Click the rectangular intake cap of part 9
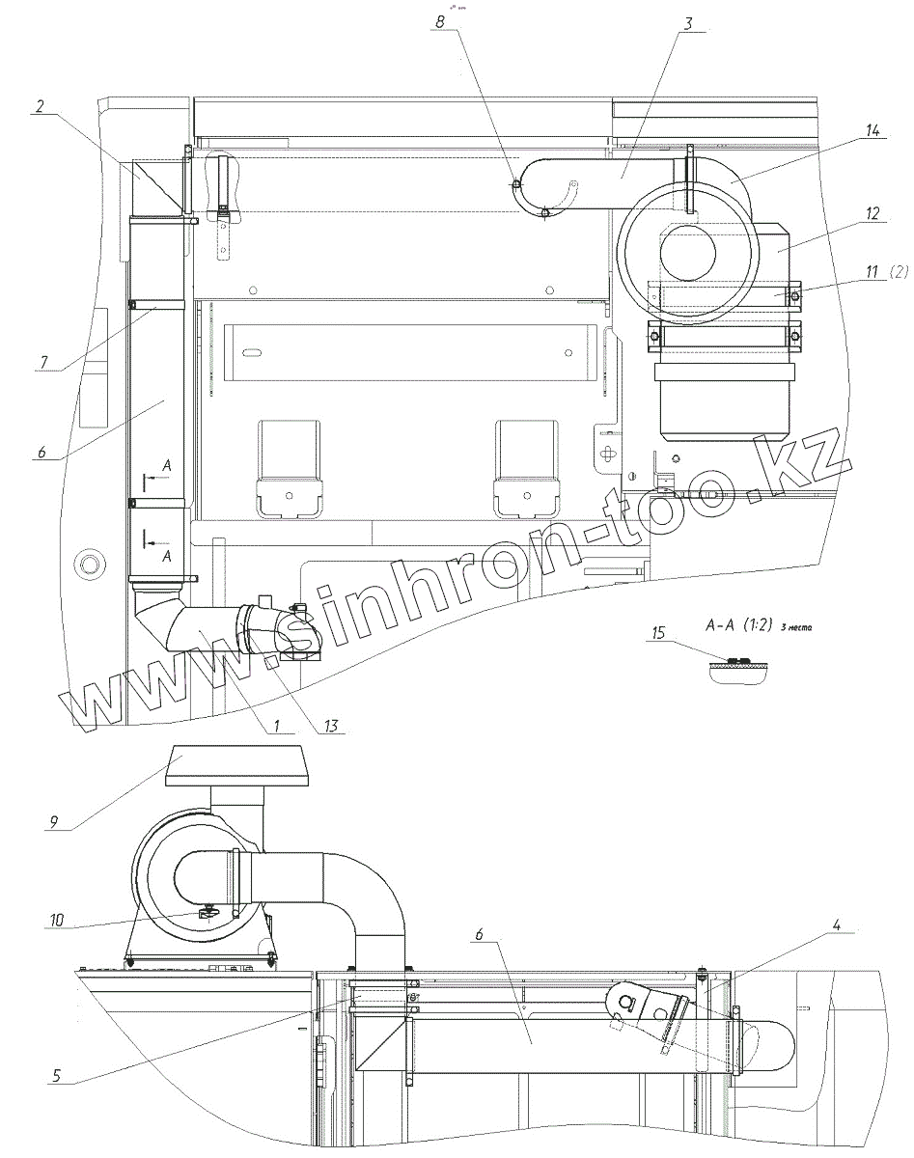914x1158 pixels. pyautogui.click(x=237, y=764)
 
